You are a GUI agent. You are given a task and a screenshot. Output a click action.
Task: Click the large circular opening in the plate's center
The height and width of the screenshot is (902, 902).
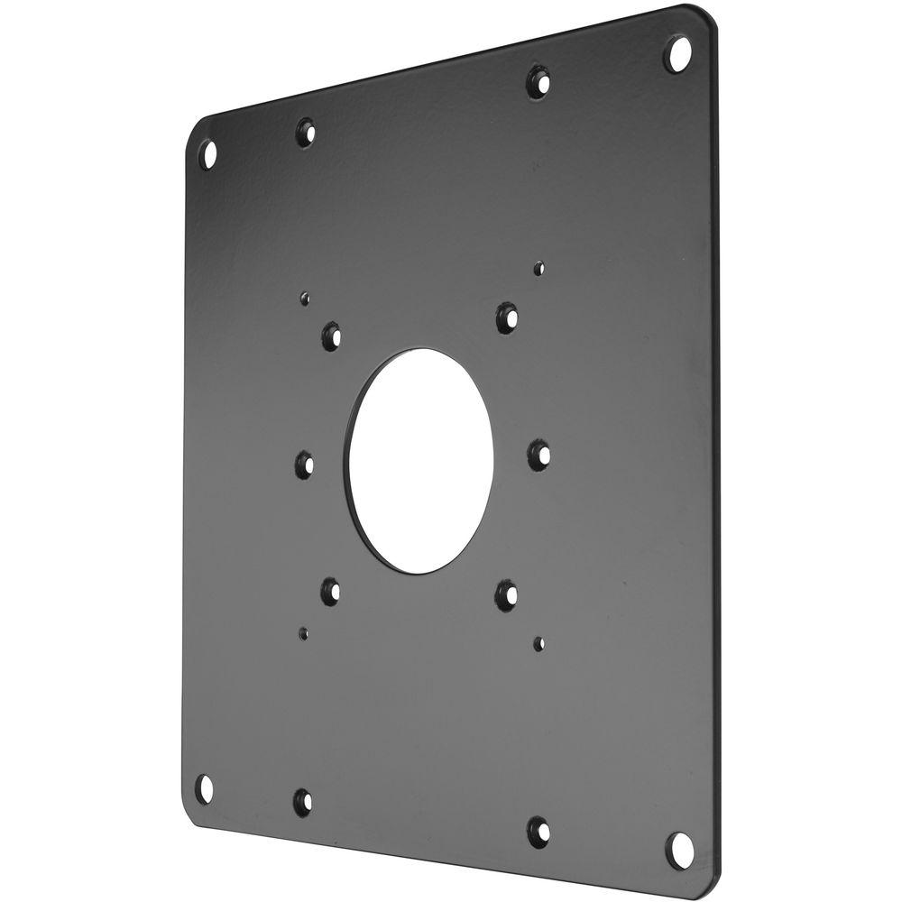coord(421,461)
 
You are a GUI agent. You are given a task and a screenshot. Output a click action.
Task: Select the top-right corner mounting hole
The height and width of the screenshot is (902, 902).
coord(677,53)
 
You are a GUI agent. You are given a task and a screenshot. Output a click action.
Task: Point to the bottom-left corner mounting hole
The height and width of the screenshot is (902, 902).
coord(205,787)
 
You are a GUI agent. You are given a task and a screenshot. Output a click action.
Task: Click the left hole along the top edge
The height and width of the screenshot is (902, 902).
coord(306,133)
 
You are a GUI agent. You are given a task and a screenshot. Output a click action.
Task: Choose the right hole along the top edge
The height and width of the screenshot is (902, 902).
coord(538,82)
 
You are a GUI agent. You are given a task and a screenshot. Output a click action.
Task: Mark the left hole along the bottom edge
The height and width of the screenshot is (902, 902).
coord(303,801)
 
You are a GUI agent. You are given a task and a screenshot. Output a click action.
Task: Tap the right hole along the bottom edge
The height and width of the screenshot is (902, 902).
coord(538,831)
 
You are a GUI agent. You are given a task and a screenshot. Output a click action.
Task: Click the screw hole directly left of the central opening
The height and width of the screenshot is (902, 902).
coord(305,465)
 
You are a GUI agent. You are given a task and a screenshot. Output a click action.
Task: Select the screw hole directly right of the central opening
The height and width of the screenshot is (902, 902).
coord(539,453)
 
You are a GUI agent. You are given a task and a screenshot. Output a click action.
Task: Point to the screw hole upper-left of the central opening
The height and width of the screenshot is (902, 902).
coord(331,336)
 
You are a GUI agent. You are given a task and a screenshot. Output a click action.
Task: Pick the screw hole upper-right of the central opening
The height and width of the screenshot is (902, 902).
coord(507,317)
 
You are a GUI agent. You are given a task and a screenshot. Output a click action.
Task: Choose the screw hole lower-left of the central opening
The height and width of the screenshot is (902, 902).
coord(330,591)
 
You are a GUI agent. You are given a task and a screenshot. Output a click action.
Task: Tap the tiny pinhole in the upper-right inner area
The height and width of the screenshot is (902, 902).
coord(538,268)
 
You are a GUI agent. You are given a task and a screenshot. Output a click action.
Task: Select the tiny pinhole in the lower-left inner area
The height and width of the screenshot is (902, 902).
coord(304,633)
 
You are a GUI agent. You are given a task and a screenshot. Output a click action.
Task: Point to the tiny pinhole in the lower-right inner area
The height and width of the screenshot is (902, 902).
coord(538,643)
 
